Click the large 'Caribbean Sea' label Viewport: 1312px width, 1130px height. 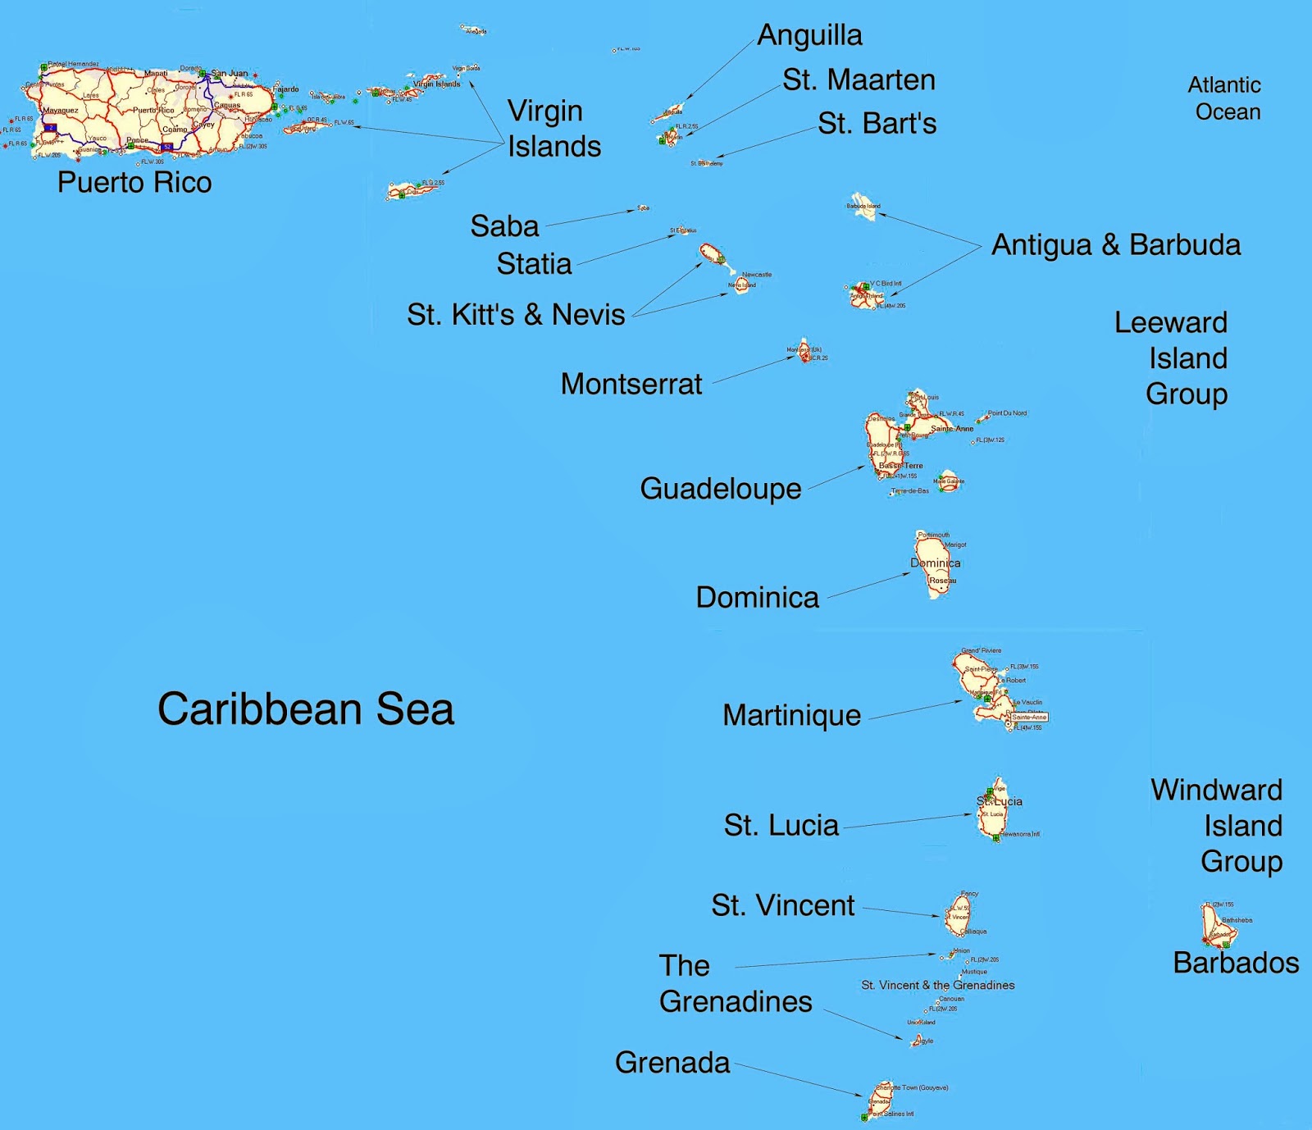point(305,709)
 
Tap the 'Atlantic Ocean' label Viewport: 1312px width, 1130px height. point(1225,98)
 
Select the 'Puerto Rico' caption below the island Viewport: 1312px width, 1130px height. point(134,182)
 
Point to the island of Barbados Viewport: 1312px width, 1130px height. point(1216,927)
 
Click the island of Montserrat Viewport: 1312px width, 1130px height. point(804,350)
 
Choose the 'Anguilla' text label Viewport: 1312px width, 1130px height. point(809,35)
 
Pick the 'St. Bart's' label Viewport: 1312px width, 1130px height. point(877,124)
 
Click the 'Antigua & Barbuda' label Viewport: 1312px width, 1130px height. point(1115,245)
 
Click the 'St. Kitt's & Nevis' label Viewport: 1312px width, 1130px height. point(516,315)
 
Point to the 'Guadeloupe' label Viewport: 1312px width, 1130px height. point(720,489)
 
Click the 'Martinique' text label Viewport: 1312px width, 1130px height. point(791,716)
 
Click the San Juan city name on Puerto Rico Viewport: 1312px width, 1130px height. point(230,74)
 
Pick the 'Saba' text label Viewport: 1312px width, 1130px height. point(504,226)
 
